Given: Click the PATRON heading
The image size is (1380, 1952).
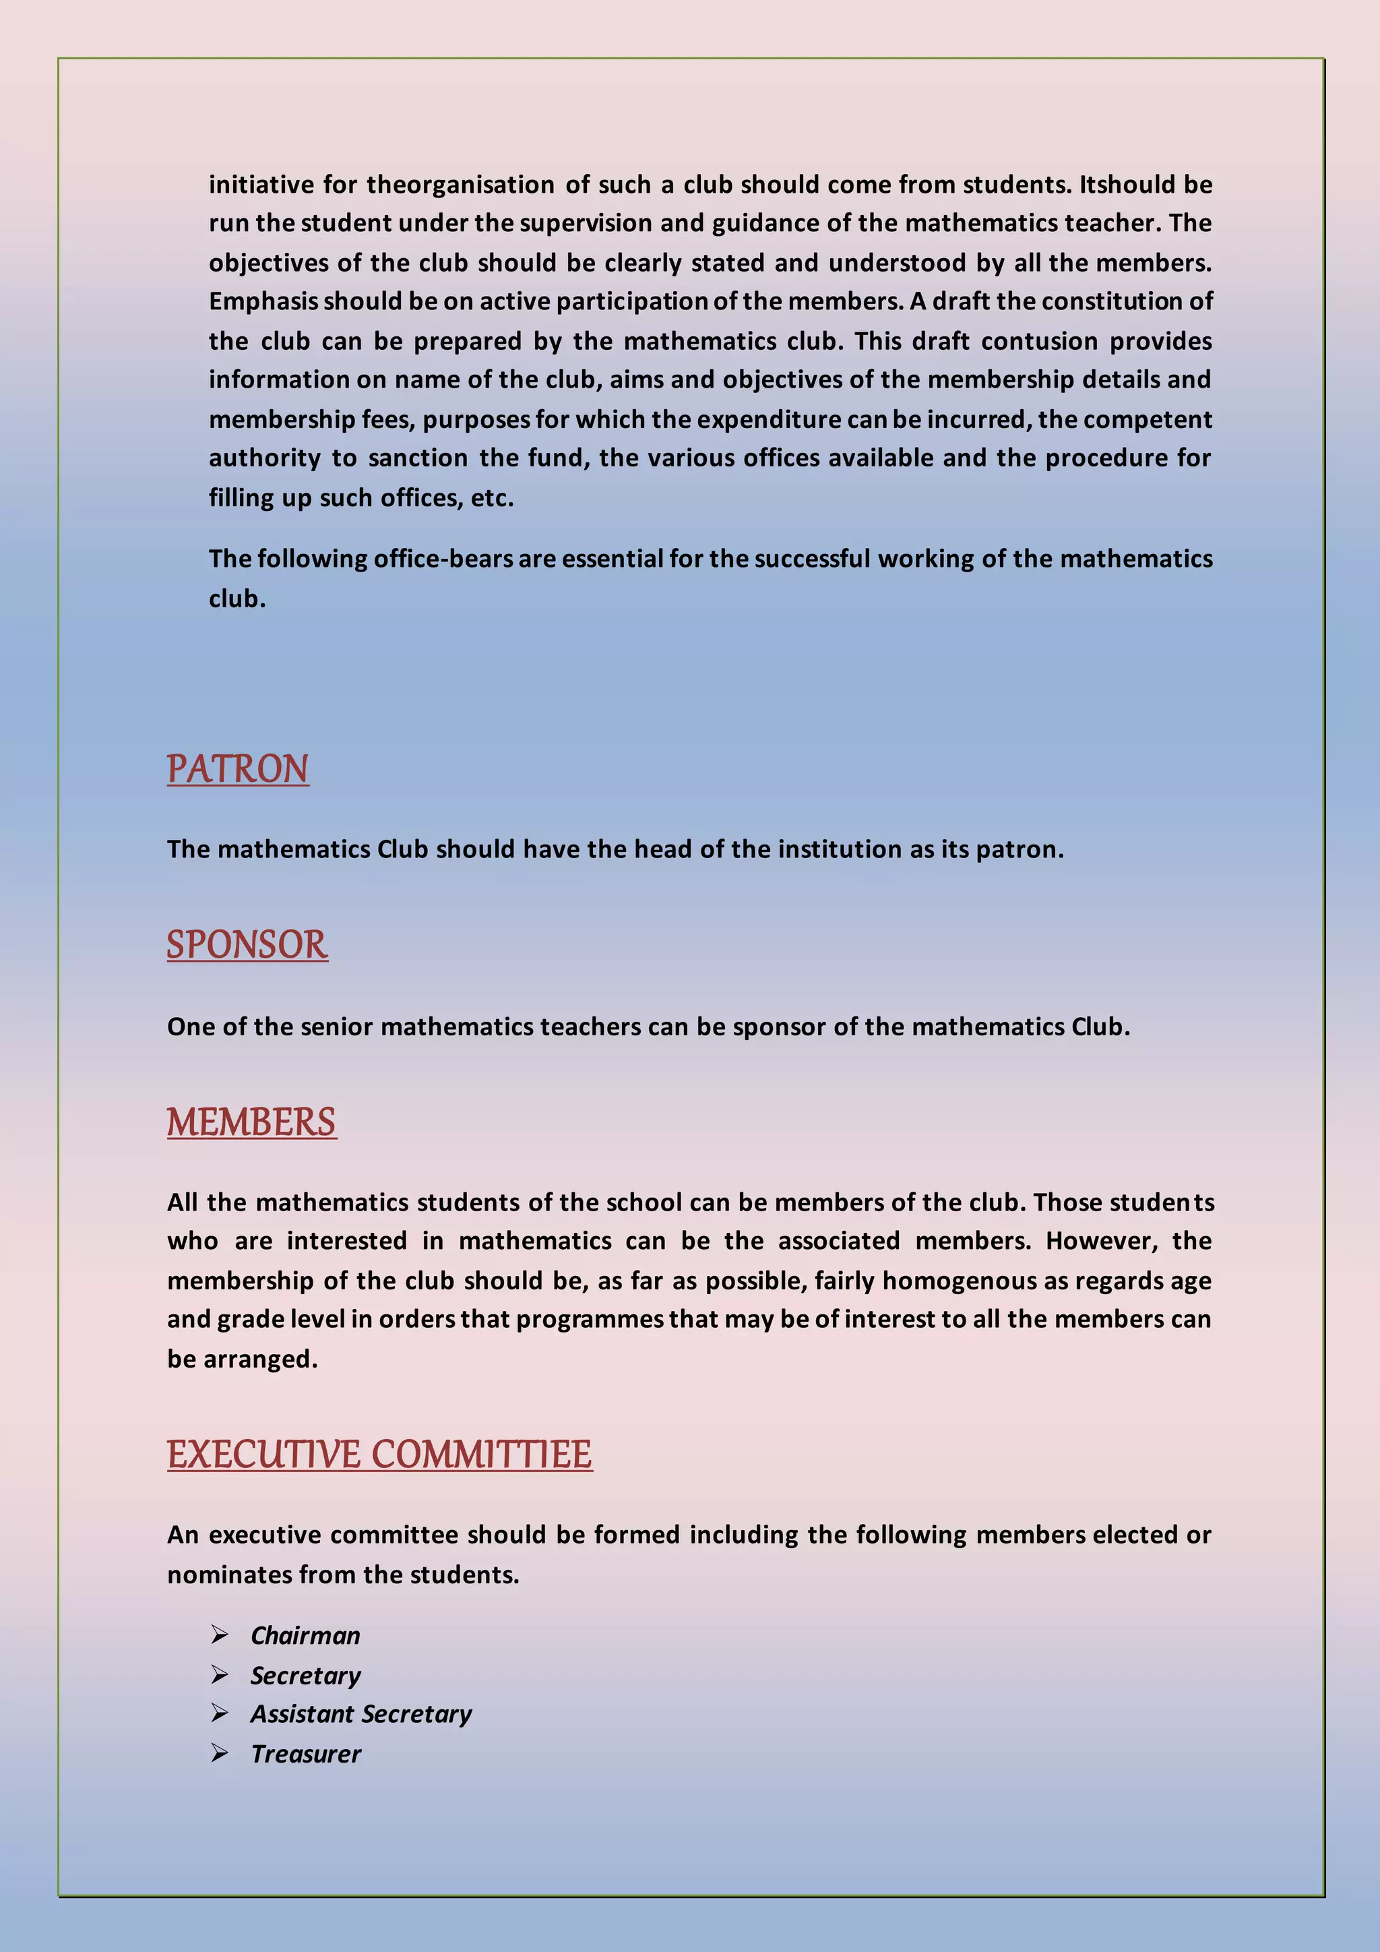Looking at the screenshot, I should pyautogui.click(x=237, y=768).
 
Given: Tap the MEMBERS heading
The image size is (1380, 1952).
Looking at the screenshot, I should pyautogui.click(x=251, y=1122).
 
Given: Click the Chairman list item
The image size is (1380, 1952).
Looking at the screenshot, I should pyautogui.click(x=305, y=1635).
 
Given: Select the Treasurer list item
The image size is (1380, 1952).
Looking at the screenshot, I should pyautogui.click(x=306, y=1753).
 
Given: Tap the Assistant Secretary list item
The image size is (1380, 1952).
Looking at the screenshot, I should pyautogui.click(x=361, y=1713).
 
